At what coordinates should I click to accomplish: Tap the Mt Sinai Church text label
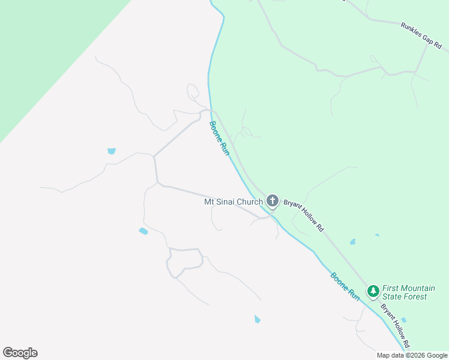click(x=234, y=202)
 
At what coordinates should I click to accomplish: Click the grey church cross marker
click(x=273, y=200)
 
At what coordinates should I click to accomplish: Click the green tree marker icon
click(x=373, y=291)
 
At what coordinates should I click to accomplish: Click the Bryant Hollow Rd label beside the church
click(x=304, y=215)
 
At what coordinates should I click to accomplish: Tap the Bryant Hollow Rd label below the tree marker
click(x=395, y=325)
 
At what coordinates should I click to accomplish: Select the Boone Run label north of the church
click(x=219, y=139)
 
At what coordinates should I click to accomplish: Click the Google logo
click(x=20, y=353)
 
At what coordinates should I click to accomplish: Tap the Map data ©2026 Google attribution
click(x=412, y=355)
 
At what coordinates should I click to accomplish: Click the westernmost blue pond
click(x=112, y=151)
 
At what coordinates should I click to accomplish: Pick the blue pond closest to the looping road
click(x=143, y=231)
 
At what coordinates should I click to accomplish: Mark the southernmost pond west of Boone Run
click(x=258, y=319)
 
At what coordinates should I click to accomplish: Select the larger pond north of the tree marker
click(x=352, y=242)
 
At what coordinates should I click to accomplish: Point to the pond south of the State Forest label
click(x=403, y=320)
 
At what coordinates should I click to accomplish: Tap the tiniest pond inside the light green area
click(x=377, y=235)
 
